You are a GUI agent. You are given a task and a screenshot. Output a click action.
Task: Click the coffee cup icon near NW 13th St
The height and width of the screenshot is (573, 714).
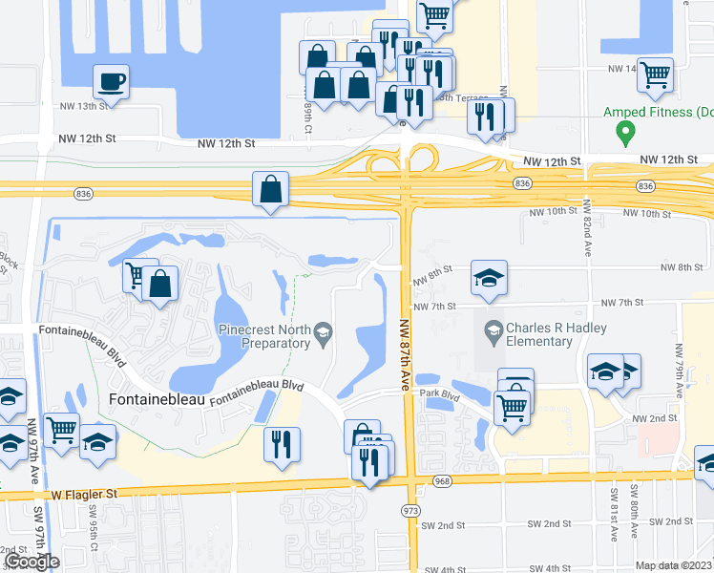[x=111, y=80]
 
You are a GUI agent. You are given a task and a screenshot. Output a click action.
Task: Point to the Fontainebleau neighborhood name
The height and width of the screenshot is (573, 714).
[x=157, y=399]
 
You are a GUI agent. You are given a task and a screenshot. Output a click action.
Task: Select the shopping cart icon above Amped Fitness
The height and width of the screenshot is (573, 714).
[x=655, y=74]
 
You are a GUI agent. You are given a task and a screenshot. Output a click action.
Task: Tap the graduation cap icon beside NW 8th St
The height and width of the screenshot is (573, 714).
[x=489, y=278]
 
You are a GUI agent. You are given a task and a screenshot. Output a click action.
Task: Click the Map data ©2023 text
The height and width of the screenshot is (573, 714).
[x=674, y=565]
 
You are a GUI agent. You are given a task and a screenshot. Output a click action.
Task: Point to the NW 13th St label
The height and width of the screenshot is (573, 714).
[x=77, y=106]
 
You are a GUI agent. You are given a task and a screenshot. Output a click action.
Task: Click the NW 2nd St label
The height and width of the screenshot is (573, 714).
[x=654, y=419]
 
